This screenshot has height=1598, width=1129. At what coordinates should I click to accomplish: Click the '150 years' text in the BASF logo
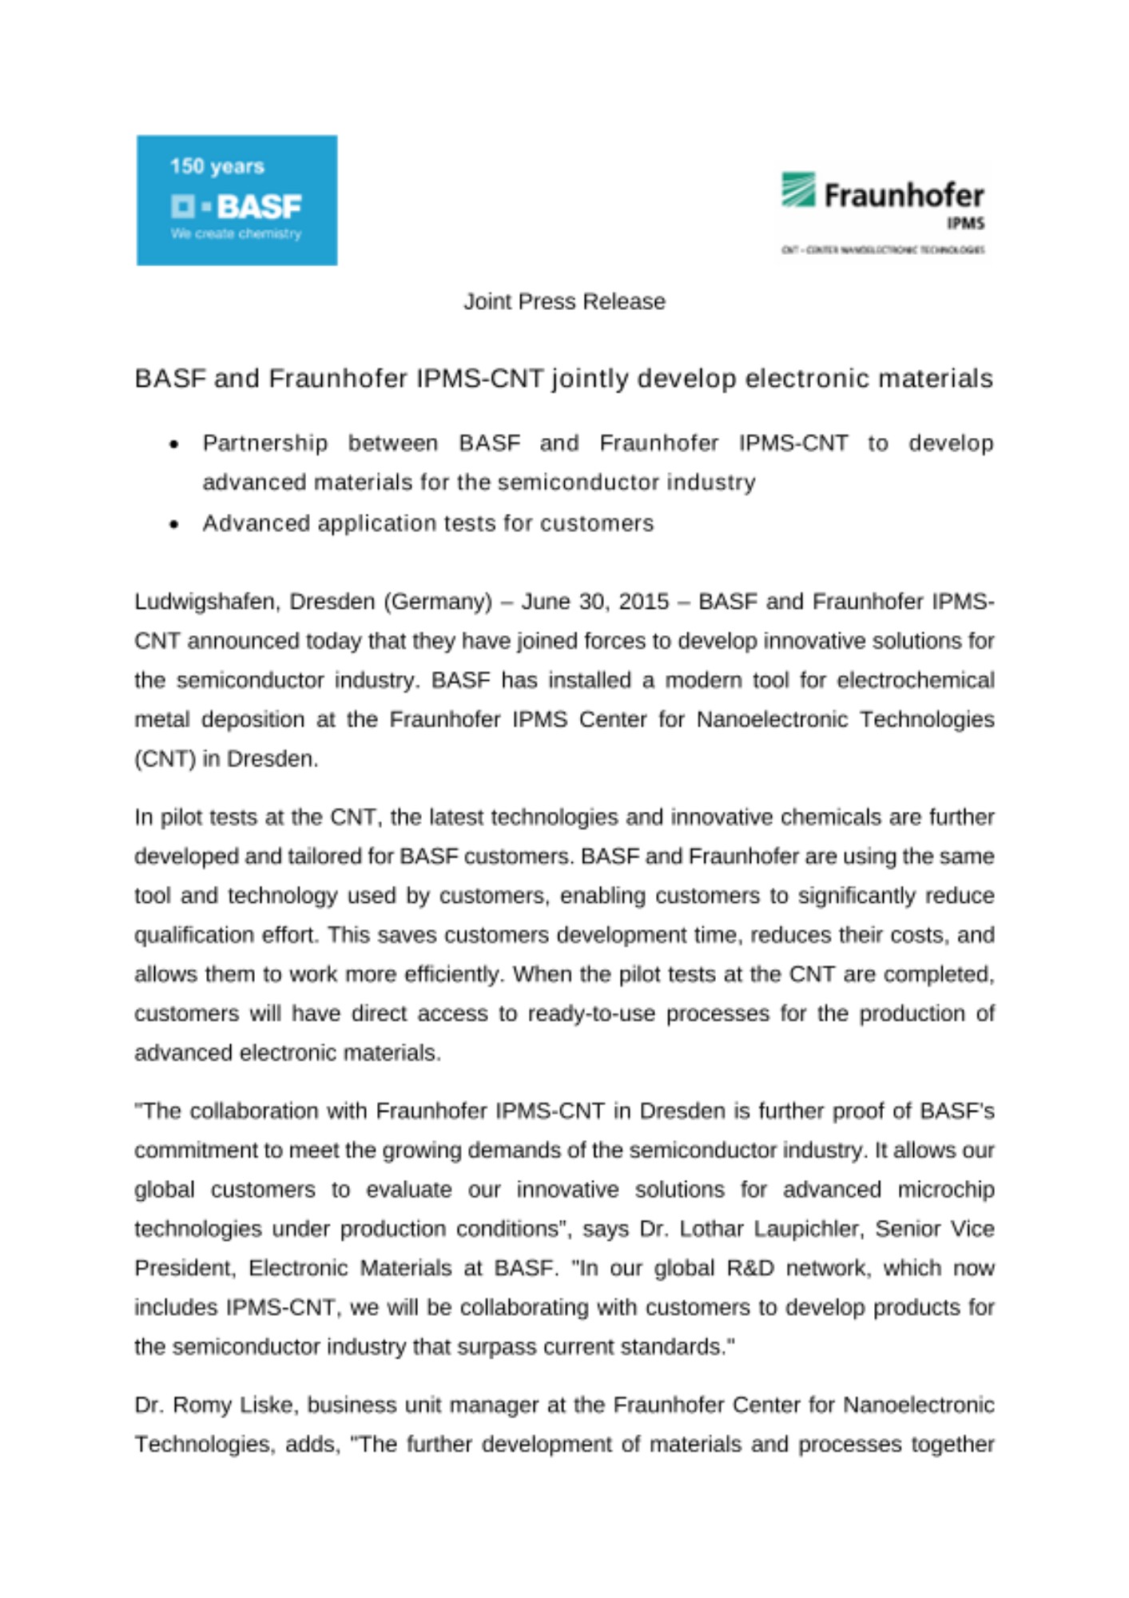click(217, 166)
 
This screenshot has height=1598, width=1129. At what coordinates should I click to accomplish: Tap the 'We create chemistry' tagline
click(236, 234)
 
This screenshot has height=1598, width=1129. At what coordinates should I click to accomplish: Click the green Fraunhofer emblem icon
click(797, 189)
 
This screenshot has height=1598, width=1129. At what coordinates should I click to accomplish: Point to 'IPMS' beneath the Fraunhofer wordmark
click(965, 224)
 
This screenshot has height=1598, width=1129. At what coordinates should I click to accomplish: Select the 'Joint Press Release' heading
click(564, 301)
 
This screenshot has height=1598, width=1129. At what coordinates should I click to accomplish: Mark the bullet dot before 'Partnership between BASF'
click(174, 444)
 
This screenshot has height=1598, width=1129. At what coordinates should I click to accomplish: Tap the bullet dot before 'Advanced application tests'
click(174, 525)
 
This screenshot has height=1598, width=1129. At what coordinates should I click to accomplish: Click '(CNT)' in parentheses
click(165, 758)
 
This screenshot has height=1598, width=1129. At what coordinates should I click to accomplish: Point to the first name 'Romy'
click(199, 1405)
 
